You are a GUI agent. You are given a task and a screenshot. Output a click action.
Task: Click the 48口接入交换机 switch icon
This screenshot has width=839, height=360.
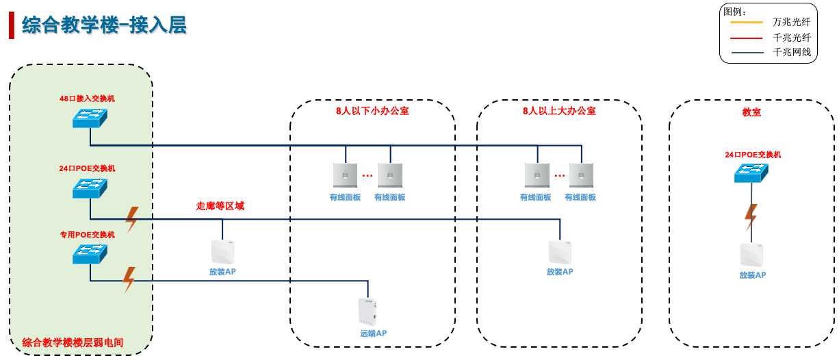[90, 118]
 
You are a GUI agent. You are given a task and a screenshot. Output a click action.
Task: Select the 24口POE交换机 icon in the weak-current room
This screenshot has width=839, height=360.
[90, 188]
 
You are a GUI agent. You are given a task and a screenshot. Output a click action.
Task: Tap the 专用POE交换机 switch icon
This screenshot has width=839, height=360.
[90, 255]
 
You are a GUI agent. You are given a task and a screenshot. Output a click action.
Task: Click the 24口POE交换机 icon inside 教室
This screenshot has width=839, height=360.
[751, 173]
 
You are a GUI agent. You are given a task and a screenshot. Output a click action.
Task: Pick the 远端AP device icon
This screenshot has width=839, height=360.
[367, 312]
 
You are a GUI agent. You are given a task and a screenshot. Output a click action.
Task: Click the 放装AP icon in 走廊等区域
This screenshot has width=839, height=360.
[222, 252]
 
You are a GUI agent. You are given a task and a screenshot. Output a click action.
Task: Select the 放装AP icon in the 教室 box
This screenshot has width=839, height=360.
[751, 255]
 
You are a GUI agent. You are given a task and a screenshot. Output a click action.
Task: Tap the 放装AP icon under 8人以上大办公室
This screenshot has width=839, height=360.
[560, 252]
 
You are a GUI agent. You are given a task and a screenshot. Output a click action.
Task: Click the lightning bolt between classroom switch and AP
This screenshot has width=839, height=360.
[751, 217]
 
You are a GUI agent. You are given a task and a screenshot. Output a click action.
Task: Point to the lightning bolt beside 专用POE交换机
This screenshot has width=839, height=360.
[129, 279]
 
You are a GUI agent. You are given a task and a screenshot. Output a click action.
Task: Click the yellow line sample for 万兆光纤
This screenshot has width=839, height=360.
[747, 22]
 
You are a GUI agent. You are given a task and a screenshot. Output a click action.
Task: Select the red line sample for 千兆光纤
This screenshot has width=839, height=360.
[747, 38]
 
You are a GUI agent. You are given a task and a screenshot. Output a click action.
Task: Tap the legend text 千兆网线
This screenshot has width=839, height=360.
[792, 53]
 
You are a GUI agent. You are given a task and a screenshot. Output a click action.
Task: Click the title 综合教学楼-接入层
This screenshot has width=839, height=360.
[104, 25]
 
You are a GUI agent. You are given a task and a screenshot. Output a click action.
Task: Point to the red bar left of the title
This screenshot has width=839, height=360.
[11, 25]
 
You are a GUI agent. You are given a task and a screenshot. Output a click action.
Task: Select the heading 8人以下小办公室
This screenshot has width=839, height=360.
[372, 110]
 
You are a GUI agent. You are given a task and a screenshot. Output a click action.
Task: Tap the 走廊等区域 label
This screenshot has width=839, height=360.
[220, 205]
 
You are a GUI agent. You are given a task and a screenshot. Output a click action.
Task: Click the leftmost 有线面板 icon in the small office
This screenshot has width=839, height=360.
[346, 175]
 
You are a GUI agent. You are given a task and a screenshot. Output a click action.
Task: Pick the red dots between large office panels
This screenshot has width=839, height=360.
[560, 176]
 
